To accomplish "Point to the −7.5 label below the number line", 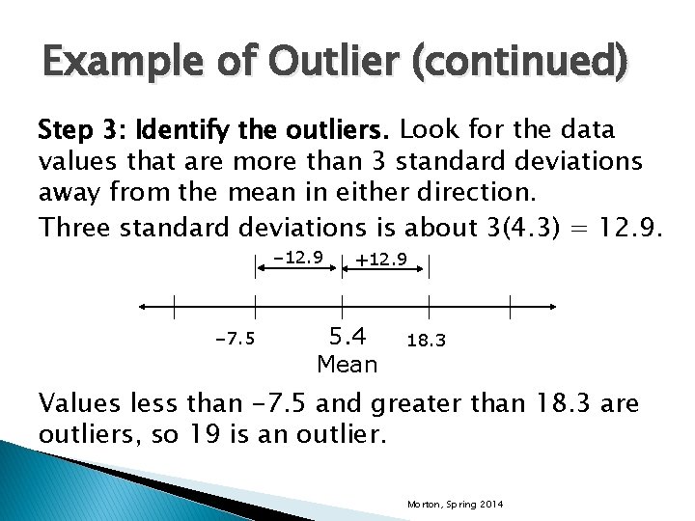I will point(235,340).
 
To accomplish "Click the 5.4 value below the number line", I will point(347,337).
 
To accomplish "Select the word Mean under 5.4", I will point(347,365).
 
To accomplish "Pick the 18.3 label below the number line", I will point(426,342).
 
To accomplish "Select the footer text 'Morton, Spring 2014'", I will point(456,505).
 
